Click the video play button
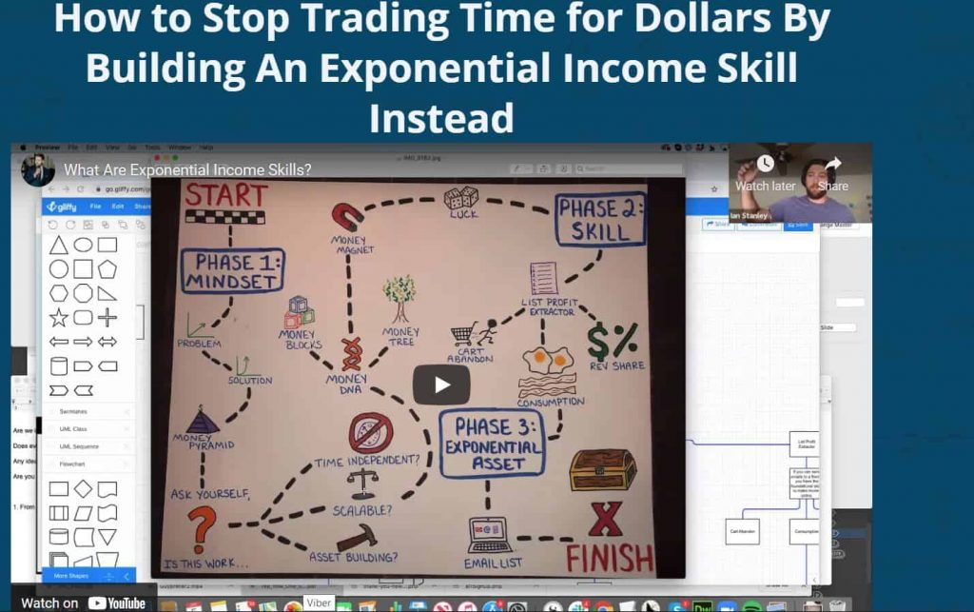[441, 385]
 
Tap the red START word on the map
[225, 195]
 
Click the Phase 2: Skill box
[600, 220]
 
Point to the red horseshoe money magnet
[347, 217]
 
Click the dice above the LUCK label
[461, 199]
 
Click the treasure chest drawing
[602, 468]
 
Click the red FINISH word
[610, 557]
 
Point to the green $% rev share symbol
[611, 340]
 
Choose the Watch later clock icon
[765, 165]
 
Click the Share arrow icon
[832, 165]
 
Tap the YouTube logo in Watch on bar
[117, 602]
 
